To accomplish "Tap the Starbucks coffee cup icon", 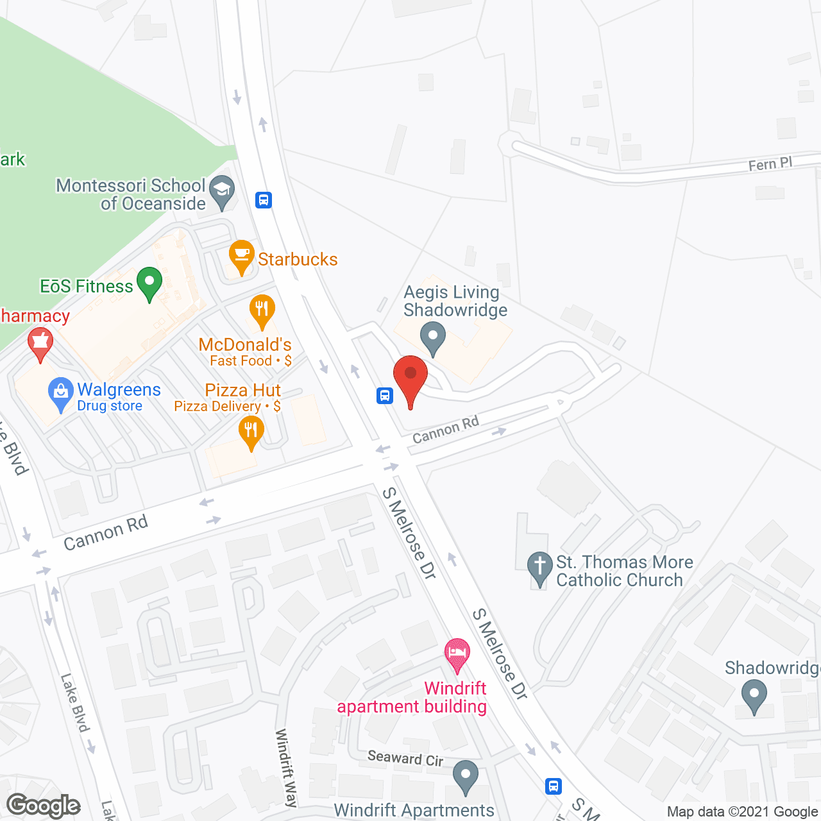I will click(x=241, y=257).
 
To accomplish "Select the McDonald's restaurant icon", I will click(x=262, y=310).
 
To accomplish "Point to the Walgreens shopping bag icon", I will click(x=61, y=393).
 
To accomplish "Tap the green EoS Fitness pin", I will click(x=149, y=283).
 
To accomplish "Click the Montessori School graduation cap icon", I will click(x=222, y=191).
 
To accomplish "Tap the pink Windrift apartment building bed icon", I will click(x=457, y=654).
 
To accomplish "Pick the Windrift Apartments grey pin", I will click(x=465, y=776).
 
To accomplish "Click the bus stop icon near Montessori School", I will click(x=264, y=200).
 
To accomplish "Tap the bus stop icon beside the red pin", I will click(x=385, y=396).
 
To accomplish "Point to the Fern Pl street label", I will click(x=770, y=164).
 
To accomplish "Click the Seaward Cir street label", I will click(x=405, y=758).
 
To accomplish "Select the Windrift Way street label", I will click(x=286, y=767).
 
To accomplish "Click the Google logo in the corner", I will click(x=44, y=806).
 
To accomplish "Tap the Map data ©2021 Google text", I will click(x=742, y=812).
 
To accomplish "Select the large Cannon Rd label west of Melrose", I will click(x=106, y=533).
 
